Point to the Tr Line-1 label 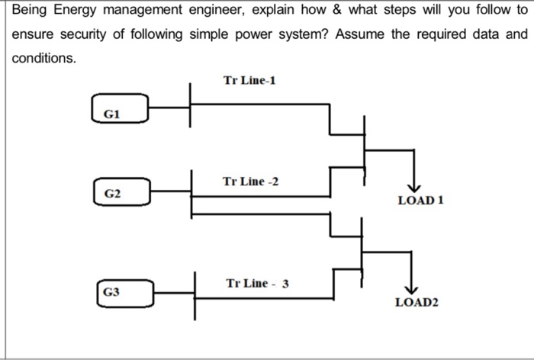(x=249, y=80)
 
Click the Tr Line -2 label (x=250, y=182)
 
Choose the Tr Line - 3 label (x=257, y=284)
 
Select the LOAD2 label (x=417, y=303)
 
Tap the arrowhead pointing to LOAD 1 (x=413, y=188)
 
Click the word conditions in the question (x=42, y=57)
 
